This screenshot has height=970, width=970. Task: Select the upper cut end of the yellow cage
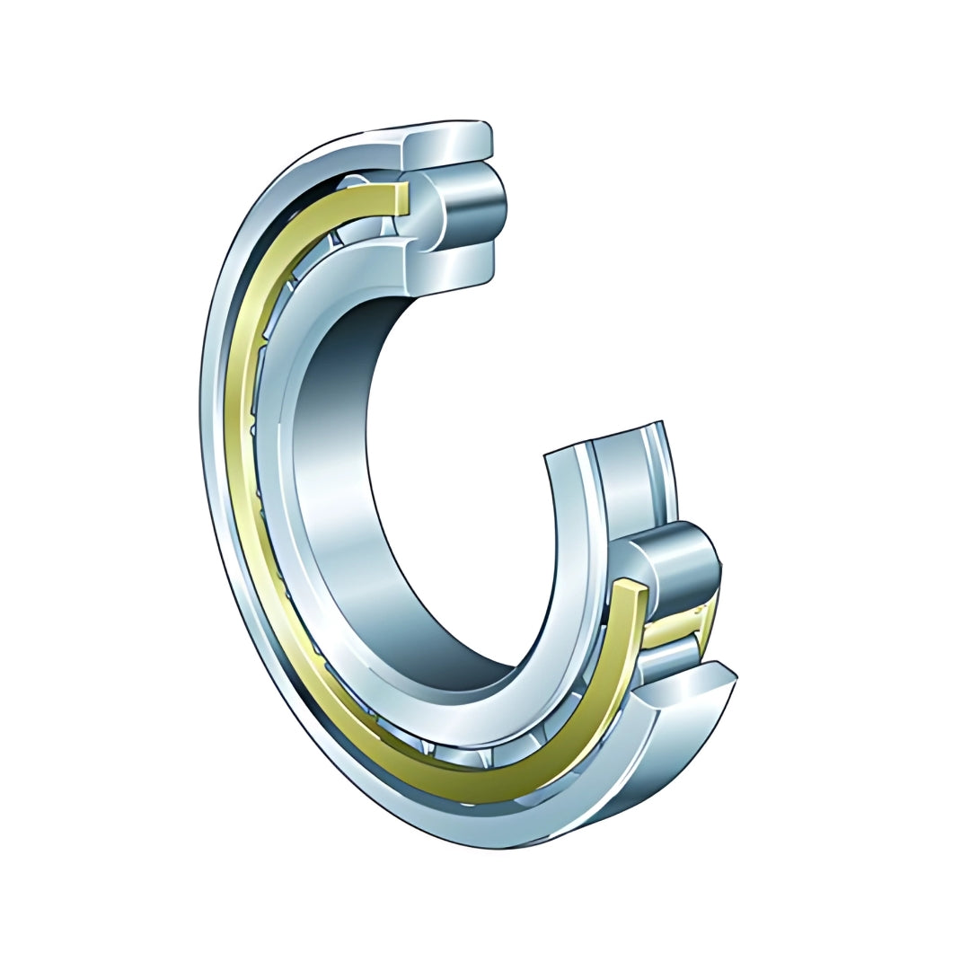[x=401, y=198]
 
